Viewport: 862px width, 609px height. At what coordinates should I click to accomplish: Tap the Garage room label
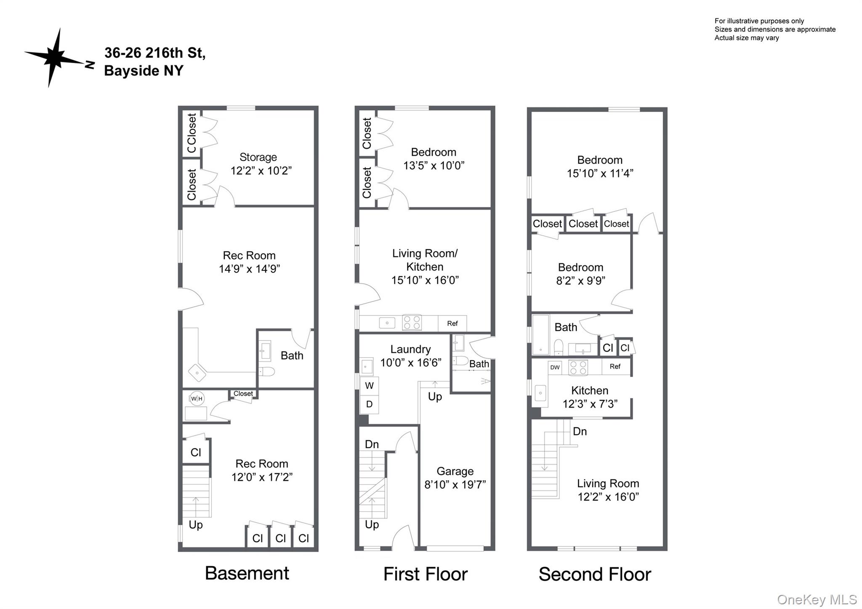click(455, 471)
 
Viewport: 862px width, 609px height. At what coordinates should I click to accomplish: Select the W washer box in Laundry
click(369, 386)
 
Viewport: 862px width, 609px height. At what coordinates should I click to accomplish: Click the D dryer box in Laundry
click(369, 404)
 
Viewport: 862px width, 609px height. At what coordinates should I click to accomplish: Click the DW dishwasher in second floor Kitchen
click(555, 367)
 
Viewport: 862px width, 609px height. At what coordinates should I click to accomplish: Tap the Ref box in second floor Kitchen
click(615, 367)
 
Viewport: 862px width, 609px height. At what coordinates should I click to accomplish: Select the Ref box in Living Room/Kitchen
click(452, 323)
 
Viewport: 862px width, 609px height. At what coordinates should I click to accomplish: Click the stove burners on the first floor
click(412, 323)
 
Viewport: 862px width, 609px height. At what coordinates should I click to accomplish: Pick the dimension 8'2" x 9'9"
click(580, 281)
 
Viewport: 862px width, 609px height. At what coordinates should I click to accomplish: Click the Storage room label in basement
click(258, 157)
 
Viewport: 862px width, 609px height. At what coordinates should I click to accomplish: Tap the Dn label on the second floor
click(580, 431)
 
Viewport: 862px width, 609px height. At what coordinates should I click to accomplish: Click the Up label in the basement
click(196, 525)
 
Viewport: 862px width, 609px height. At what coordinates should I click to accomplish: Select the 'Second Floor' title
click(594, 574)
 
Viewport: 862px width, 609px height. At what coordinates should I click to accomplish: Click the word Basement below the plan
click(247, 573)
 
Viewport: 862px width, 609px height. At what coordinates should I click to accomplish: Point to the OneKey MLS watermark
click(816, 599)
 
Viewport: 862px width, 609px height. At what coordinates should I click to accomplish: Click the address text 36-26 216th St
click(154, 53)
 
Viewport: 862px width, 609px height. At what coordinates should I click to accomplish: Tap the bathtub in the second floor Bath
click(540, 335)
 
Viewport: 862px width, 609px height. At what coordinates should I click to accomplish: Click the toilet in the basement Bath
click(266, 371)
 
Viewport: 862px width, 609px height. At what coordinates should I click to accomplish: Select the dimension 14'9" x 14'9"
click(249, 269)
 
